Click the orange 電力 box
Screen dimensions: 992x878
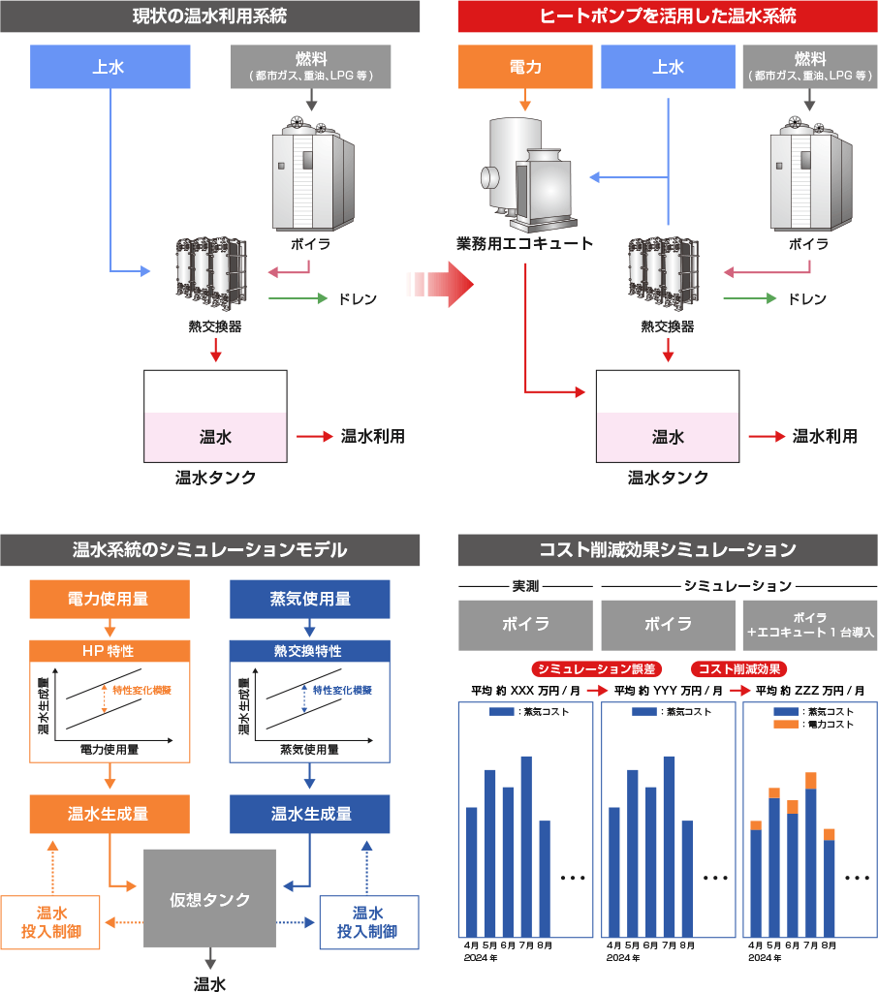[x=524, y=67]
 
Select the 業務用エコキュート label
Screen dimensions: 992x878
[x=524, y=242]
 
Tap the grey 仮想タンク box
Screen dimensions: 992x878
[x=210, y=900]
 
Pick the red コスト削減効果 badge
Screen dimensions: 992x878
[x=738, y=668]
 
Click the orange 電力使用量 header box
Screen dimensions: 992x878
[x=109, y=600]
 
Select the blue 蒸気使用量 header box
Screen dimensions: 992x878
[x=309, y=600]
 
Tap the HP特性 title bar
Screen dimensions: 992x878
[x=109, y=651]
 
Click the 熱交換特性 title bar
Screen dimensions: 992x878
[x=309, y=651]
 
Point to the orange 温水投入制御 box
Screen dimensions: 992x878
[x=51, y=921]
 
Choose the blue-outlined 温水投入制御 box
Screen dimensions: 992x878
[x=368, y=921]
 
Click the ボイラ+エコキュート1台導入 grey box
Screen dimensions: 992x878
[x=809, y=624]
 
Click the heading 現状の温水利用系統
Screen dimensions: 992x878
[x=209, y=15]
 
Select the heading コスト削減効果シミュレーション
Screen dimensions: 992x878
[x=668, y=550]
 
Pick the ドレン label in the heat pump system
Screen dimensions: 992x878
[x=806, y=299]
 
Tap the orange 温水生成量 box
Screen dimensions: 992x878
[x=109, y=814]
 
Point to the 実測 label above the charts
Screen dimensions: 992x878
[x=524, y=586]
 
